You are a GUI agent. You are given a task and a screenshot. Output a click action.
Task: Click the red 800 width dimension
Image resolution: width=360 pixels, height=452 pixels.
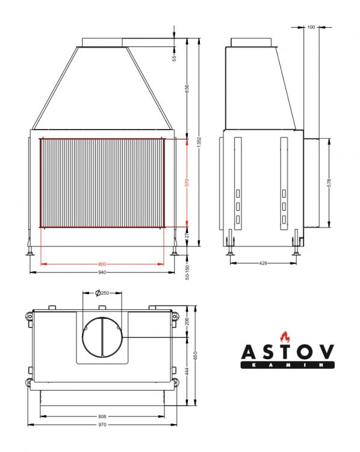coord(102,264)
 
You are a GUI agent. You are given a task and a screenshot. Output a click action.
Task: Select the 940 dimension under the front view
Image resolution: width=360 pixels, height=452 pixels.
coord(102,272)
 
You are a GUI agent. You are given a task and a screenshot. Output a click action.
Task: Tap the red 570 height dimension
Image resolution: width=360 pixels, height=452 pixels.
coord(187,183)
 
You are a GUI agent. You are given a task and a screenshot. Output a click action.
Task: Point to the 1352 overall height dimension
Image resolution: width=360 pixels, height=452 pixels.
coord(199,142)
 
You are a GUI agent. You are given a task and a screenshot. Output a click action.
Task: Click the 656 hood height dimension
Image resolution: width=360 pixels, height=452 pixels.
coord(187,89)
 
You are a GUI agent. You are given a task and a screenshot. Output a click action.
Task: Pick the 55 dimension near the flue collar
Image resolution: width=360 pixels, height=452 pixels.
coord(175,58)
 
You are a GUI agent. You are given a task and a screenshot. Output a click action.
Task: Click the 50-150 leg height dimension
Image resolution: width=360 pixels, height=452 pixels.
coord(187,272)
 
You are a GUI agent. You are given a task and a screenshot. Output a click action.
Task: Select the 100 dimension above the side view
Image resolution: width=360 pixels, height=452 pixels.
coord(311,27)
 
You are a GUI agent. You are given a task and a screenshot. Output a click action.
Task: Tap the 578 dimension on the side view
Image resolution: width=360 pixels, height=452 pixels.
coord(329,183)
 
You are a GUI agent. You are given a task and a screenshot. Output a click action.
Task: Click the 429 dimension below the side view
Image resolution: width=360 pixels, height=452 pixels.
coord(263,263)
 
